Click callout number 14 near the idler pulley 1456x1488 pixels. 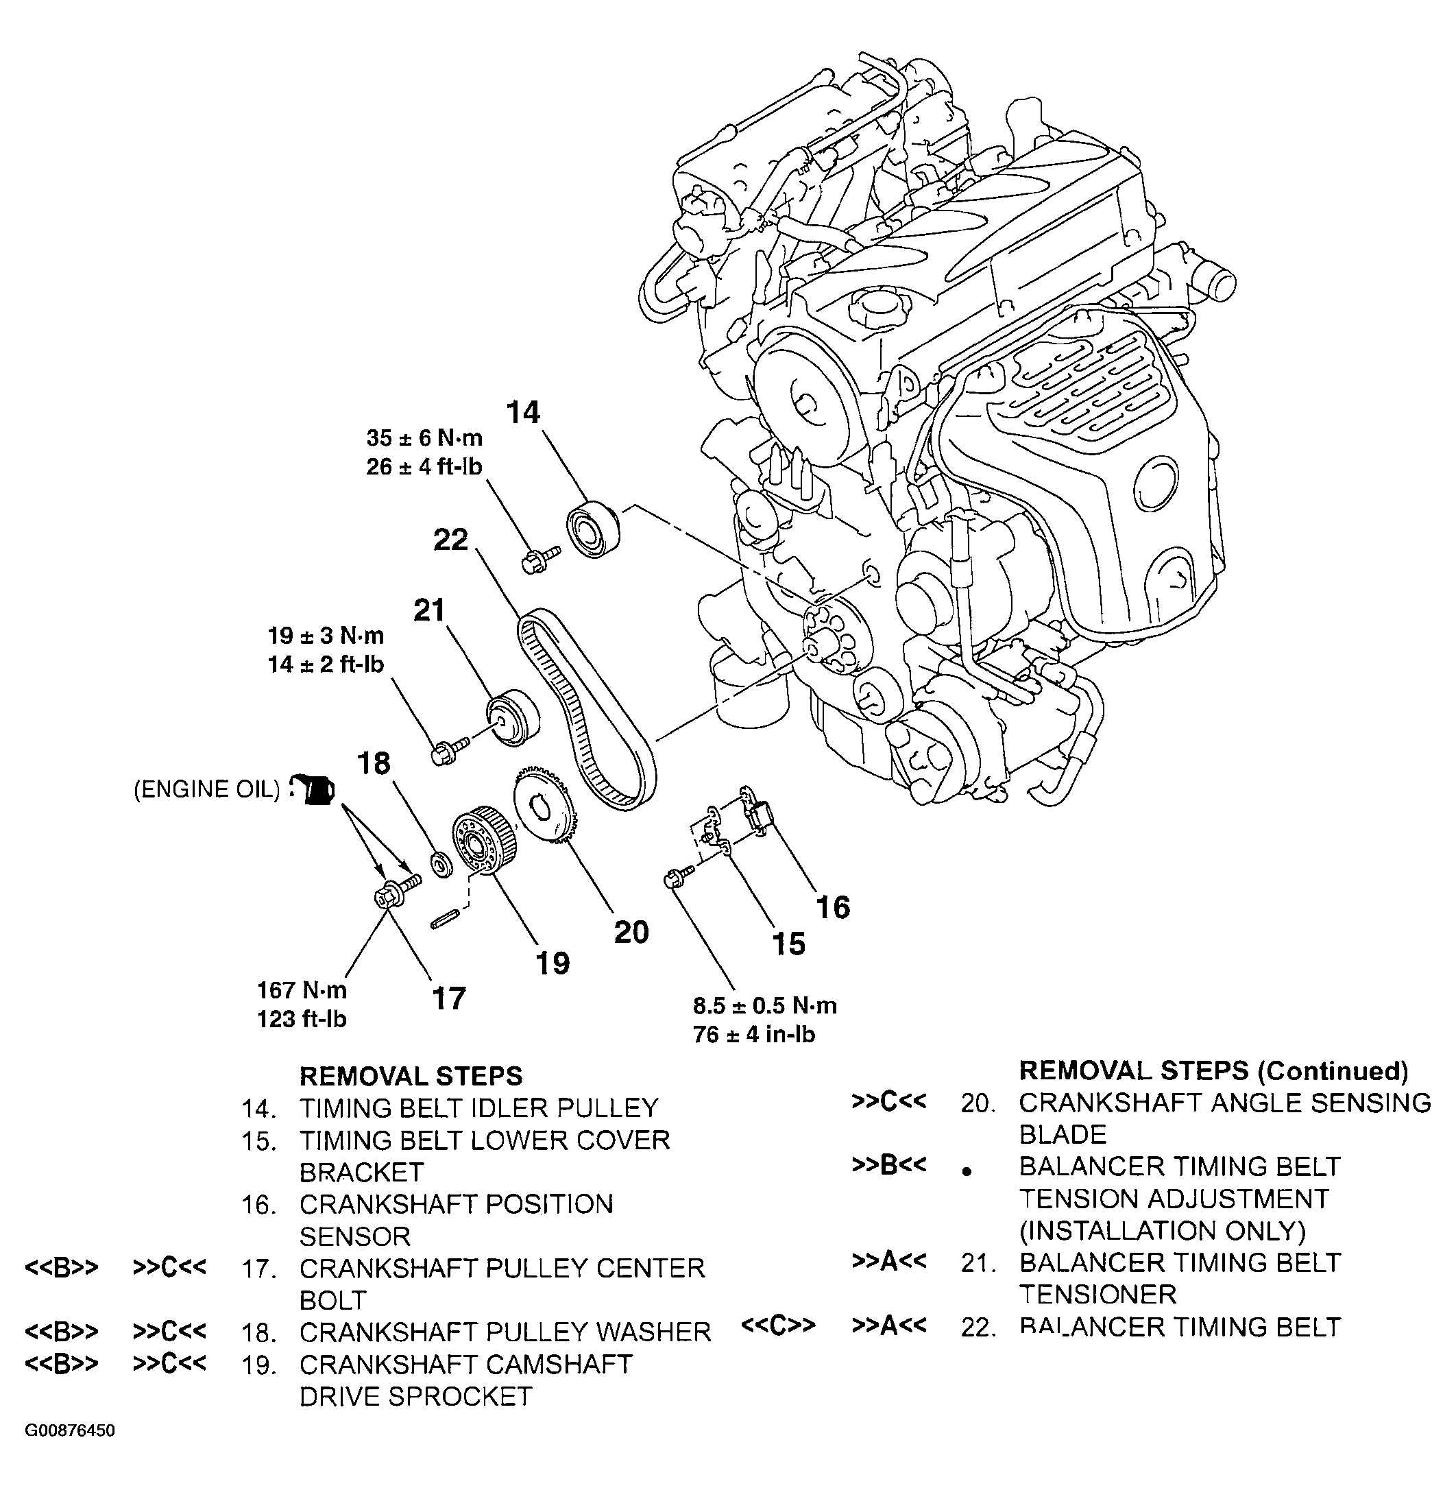click(523, 412)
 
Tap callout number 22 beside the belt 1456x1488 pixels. click(450, 540)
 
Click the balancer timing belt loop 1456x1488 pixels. click(585, 708)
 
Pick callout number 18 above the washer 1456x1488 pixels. click(375, 763)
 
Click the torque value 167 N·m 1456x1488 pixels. click(302, 990)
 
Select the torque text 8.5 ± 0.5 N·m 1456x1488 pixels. click(765, 1005)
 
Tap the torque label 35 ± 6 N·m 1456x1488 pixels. click(424, 437)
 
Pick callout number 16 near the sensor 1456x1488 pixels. click(833, 907)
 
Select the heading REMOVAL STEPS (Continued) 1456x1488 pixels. click(1213, 1070)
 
